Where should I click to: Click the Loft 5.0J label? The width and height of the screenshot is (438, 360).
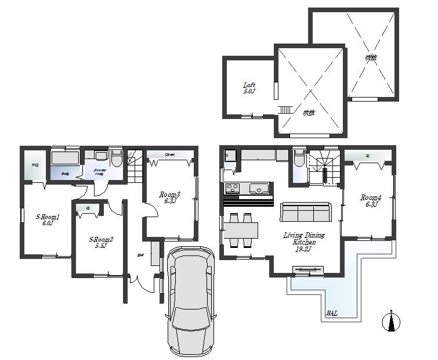[249, 88]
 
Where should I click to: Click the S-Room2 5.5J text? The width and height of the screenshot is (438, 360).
[100, 242]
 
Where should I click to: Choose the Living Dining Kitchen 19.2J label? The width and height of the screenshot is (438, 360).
[303, 242]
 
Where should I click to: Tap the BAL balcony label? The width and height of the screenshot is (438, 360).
[332, 313]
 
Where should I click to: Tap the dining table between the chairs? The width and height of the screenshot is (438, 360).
[241, 231]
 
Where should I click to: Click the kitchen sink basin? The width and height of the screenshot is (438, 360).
[259, 188]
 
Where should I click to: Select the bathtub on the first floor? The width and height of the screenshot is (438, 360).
[67, 158]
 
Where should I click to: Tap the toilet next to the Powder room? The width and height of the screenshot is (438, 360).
[117, 159]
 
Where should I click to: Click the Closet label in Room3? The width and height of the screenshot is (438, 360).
[170, 154]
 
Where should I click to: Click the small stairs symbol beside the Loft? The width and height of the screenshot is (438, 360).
[284, 110]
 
